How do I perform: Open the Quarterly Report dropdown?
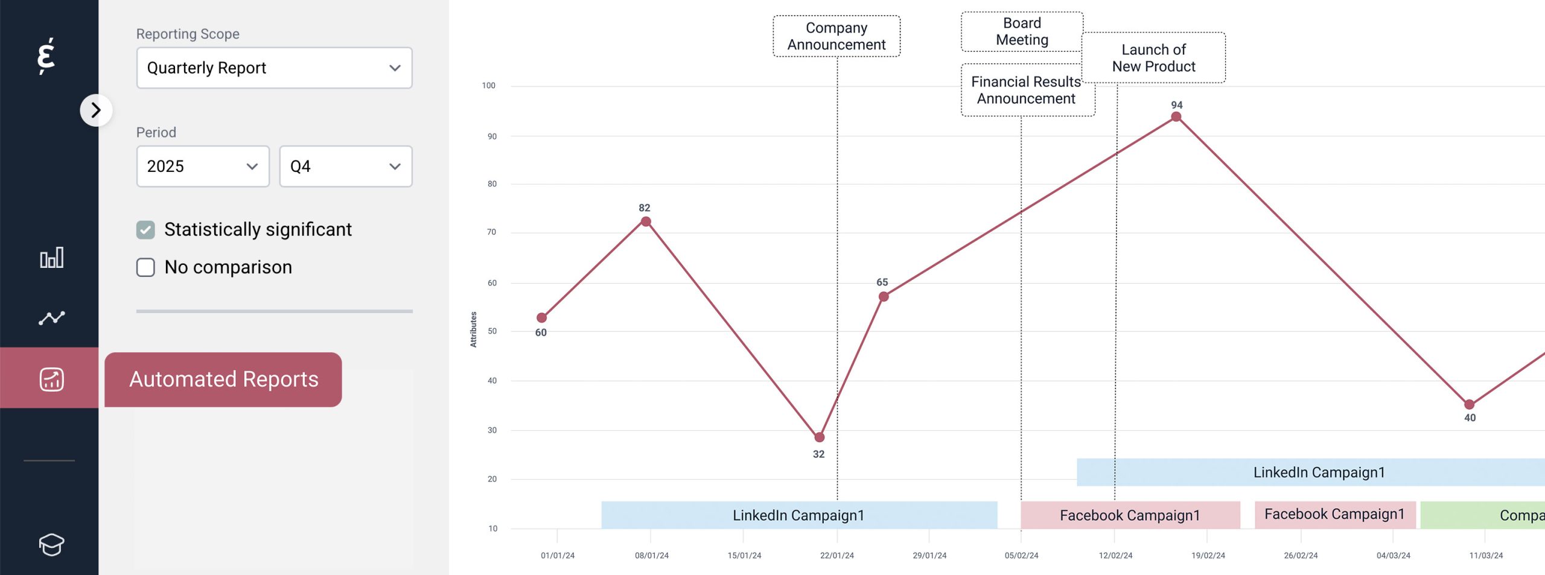(274, 68)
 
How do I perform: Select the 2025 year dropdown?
(203, 167)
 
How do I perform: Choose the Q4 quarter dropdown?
(345, 167)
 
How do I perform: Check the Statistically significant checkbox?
(145, 230)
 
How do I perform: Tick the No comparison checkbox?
(145, 267)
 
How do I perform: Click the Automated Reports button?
(223, 380)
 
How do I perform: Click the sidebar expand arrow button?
(96, 110)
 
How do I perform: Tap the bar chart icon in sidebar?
(51, 258)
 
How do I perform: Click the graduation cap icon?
(51, 544)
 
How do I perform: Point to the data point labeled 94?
(1176, 117)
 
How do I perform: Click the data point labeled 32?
(819, 437)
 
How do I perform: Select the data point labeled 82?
(646, 222)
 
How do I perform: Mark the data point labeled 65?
(884, 297)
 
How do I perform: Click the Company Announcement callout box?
(836, 36)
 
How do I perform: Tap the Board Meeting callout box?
(1022, 31)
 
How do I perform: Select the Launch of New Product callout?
(1153, 58)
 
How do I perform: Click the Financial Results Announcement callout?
(1026, 90)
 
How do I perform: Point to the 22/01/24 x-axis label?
(836, 555)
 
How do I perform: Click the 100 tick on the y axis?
(488, 86)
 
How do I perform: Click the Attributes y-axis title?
(473, 329)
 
